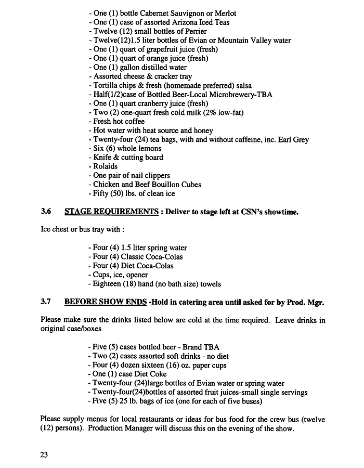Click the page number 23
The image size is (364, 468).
click(x=44, y=454)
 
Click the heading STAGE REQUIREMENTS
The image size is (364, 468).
click(x=111, y=212)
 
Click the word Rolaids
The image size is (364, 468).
click(x=106, y=166)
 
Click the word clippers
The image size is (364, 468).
click(x=157, y=176)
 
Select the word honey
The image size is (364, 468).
click(x=202, y=131)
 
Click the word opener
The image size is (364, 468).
click(x=137, y=275)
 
